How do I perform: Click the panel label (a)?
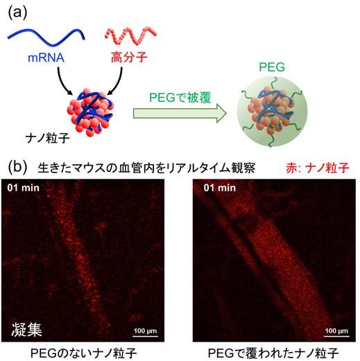click(17, 12)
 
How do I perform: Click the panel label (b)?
click(17, 167)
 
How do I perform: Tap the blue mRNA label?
click(46, 58)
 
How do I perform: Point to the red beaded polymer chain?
click(131, 35)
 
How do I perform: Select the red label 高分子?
click(129, 57)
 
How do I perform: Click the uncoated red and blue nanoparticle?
click(90, 112)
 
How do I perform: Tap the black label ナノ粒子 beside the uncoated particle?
click(48, 139)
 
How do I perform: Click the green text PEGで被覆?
click(180, 98)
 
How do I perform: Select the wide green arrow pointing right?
click(180, 114)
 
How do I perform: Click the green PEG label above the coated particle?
click(272, 67)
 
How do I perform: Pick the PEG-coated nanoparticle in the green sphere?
click(272, 112)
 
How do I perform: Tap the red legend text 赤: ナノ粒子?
click(318, 168)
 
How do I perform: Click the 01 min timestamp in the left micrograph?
click(23, 188)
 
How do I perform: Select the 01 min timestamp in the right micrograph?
click(220, 188)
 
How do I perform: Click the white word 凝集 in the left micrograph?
click(26, 329)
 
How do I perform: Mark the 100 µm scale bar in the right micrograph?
click(336, 336)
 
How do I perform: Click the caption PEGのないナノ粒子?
click(83, 353)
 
